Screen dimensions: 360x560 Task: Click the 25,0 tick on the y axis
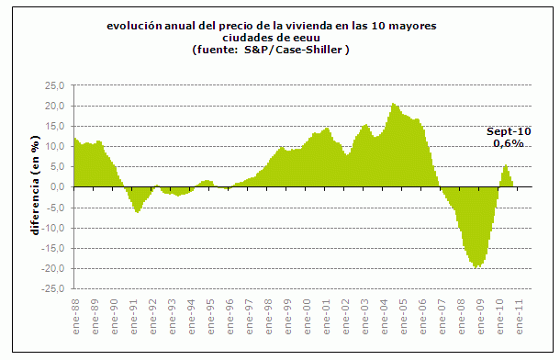(56, 85)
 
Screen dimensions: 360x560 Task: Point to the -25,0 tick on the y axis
(54, 289)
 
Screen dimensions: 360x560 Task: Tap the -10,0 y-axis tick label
(54, 228)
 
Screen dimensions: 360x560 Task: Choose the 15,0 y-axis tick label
(56, 126)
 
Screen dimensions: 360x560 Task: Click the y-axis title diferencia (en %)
(35, 187)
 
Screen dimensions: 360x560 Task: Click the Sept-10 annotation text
(509, 131)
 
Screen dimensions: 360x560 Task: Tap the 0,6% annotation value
(509, 143)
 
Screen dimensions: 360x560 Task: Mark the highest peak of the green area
(393, 104)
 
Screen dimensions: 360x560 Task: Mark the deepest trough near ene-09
(477, 267)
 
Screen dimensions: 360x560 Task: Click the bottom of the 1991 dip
(138, 212)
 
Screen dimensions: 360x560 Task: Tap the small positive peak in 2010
(505, 165)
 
